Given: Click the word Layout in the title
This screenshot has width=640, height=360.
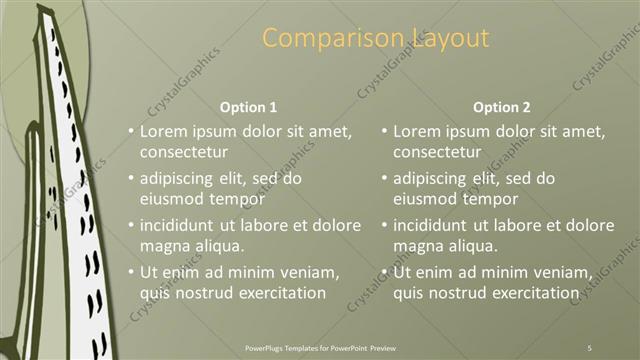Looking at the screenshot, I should pos(452,38).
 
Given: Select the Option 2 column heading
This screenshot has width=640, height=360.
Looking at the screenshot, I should pos(501,107).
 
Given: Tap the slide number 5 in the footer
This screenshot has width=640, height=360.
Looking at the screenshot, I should pos(589,347).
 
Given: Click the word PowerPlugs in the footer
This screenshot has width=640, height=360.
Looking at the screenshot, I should pos(267,347).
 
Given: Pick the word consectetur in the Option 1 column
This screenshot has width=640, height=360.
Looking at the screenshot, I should pos(184,152).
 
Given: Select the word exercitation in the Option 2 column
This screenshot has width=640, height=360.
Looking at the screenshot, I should pos(529,293).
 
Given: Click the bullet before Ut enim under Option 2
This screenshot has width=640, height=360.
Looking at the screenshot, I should pos(385,272).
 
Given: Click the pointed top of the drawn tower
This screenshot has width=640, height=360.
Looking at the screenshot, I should pos(44,8).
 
